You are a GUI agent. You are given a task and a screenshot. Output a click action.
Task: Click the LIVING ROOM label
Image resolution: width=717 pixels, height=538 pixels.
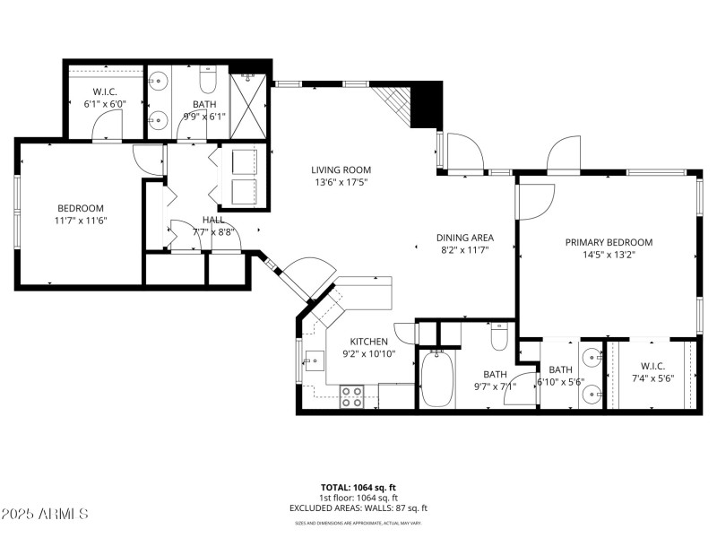coord(341,169)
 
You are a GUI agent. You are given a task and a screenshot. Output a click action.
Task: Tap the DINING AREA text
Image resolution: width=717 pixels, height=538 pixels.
coord(465,238)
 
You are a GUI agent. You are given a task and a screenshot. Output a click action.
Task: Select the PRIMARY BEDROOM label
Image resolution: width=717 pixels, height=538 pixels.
coord(609,242)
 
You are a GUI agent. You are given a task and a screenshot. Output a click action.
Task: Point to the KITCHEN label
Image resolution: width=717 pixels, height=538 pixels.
coord(368,342)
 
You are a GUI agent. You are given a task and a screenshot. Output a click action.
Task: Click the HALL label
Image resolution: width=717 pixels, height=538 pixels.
coord(213,220)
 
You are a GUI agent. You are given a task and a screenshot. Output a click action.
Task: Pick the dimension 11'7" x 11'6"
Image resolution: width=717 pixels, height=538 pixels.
coord(80,221)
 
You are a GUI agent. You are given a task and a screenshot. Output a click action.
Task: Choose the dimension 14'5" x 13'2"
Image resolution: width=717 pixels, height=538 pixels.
coord(609,256)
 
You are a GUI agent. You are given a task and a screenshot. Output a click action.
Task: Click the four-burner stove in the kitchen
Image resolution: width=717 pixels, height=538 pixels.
coord(351,396)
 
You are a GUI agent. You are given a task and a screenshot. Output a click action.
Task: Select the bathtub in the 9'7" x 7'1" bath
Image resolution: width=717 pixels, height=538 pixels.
coord(436,380)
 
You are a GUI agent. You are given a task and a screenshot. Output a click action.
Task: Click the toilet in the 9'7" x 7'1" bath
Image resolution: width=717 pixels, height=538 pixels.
coord(499,337)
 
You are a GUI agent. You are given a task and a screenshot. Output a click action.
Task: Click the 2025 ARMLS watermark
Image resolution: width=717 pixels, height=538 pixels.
coord(45,514)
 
